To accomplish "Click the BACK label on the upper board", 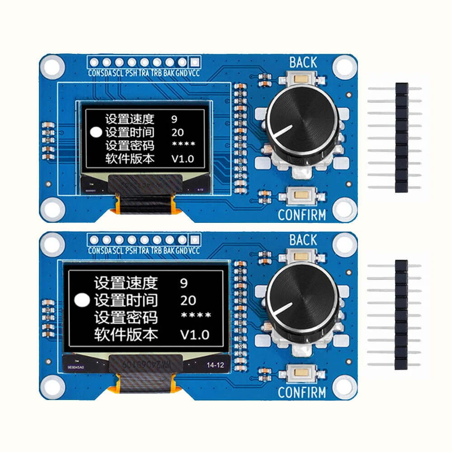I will click(x=303, y=62).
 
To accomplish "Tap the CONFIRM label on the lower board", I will click(x=301, y=392).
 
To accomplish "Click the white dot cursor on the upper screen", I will click(x=97, y=132).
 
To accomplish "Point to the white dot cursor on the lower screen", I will click(x=83, y=300).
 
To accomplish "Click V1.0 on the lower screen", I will click(x=195, y=335).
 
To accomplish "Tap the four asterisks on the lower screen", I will click(x=196, y=316).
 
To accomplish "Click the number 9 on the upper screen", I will click(x=174, y=119).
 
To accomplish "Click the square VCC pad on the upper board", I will click(x=194, y=62).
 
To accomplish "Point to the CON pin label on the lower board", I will click(x=94, y=251).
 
